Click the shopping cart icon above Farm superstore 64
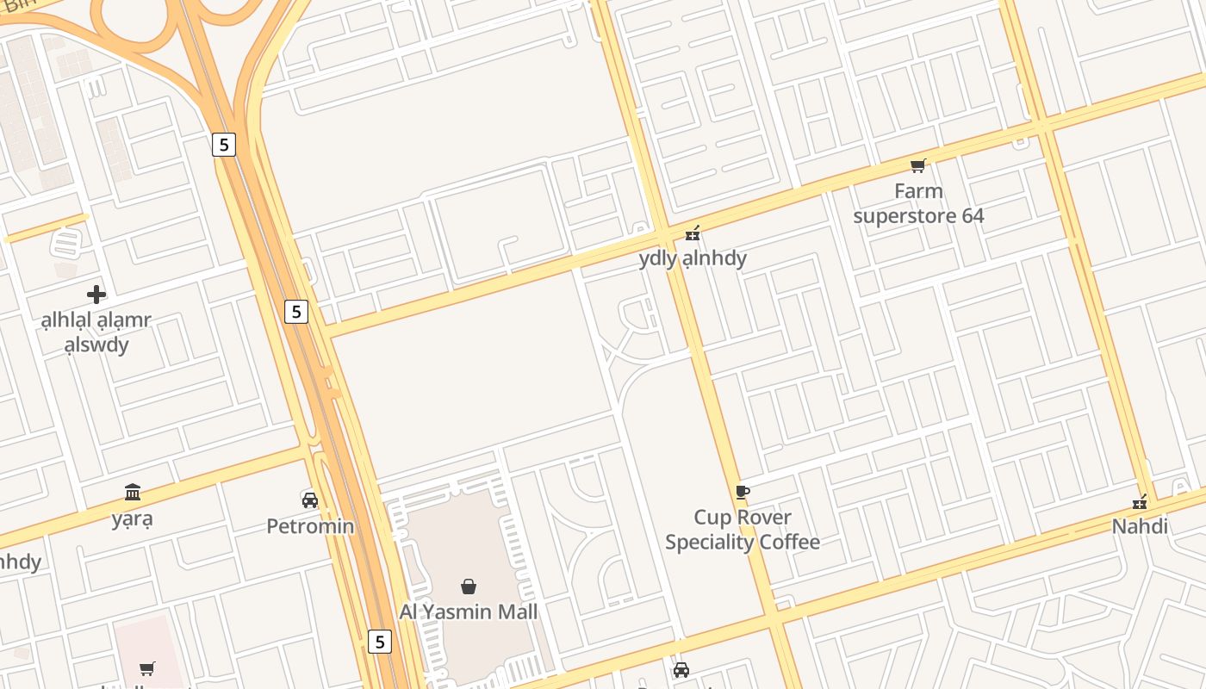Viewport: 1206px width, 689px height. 918,165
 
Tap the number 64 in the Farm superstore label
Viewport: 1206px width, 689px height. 969,215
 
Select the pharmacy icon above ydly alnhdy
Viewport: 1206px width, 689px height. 693,233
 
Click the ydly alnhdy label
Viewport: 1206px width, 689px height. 693,258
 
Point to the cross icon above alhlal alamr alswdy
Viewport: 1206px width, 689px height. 96,295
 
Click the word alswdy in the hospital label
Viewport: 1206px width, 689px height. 96,345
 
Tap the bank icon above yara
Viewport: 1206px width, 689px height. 133,493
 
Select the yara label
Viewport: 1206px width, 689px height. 133,519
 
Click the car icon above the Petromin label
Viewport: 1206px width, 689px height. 310,500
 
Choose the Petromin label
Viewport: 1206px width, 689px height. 310,525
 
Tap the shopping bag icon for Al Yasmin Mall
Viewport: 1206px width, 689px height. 469,587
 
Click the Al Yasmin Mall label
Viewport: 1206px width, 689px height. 469,611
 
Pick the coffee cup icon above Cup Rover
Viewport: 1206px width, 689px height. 743,492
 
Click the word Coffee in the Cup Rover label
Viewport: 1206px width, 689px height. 788,542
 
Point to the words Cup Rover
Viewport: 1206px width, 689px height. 743,517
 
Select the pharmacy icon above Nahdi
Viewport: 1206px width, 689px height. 1141,500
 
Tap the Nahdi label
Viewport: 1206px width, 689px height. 1141,525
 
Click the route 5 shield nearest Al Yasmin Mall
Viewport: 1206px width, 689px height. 379,641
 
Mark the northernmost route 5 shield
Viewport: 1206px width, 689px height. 224,144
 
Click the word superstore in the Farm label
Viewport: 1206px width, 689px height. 904,215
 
